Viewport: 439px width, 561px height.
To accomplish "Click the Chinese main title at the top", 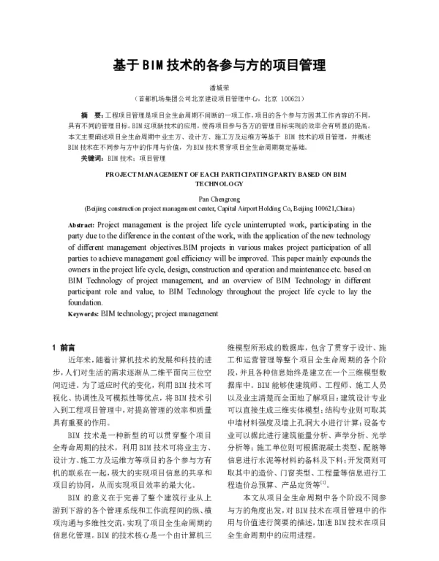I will (x=219, y=64).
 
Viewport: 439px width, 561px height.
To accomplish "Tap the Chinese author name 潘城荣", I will (x=219, y=86).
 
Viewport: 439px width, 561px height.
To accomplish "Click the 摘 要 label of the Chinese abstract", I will (x=91, y=116).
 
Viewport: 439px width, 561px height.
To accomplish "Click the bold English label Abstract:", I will (x=81, y=225).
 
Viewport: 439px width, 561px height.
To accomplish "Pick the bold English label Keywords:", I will (x=83, y=313).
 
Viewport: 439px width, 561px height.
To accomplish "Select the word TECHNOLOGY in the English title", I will (x=219, y=186).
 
